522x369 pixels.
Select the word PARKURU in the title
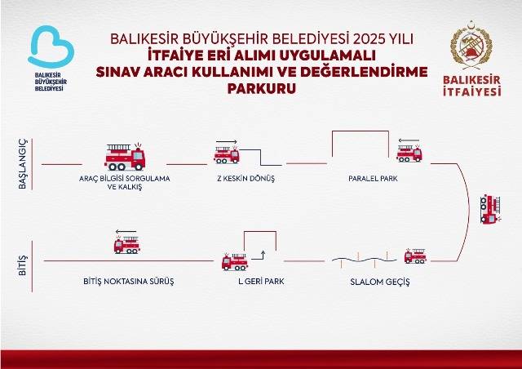(261, 89)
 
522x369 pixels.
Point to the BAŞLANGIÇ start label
(22, 164)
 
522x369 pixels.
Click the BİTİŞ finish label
(22, 265)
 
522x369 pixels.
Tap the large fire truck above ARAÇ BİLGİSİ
(125, 157)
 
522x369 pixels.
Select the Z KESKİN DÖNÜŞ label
(246, 178)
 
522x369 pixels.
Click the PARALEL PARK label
(373, 178)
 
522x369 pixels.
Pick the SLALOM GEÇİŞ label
(380, 282)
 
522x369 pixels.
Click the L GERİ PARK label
(261, 281)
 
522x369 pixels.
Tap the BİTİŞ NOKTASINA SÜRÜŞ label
(129, 281)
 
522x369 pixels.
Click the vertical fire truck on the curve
(490, 209)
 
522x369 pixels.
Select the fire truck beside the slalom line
(415, 256)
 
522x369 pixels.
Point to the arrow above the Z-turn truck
(227, 142)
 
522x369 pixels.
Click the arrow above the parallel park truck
(409, 140)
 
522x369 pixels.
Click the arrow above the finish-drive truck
(126, 231)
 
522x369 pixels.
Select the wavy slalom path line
(365, 260)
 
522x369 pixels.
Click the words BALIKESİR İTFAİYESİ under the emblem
(471, 86)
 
